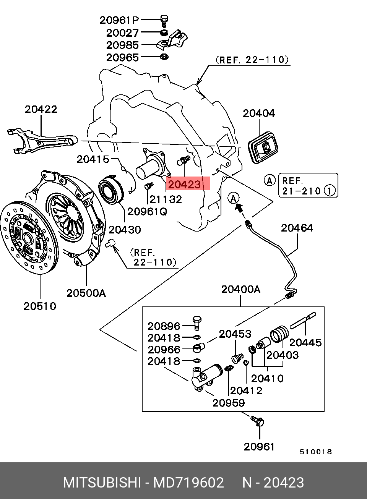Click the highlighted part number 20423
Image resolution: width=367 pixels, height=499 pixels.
[184, 185]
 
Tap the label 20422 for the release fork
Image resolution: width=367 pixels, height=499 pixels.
[41, 109]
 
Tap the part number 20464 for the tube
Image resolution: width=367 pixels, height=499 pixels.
[297, 228]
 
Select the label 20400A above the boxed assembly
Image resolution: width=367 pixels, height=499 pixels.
[240, 289]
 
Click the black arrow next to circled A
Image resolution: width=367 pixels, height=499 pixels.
[240, 207]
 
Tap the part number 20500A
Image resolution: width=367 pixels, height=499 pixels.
[86, 293]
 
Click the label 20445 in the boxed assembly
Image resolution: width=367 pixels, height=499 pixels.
[305, 342]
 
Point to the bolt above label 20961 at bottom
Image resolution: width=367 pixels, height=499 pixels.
[258, 421]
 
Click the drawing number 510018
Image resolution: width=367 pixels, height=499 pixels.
[315, 452]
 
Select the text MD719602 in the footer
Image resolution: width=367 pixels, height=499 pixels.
[188, 483]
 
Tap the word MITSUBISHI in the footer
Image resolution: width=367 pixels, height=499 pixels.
[102, 483]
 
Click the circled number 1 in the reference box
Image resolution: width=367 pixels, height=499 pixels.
[330, 190]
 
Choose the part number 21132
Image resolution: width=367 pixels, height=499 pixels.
[166, 199]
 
